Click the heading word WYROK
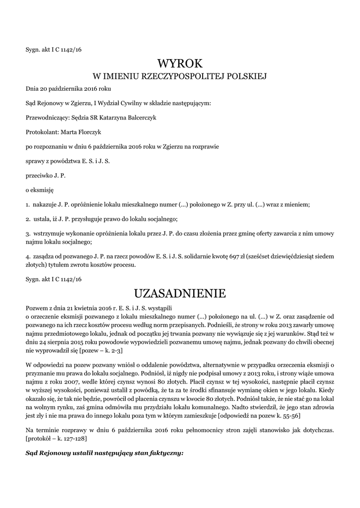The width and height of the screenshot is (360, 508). coord(180,63)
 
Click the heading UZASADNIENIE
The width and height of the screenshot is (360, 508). coord(180,294)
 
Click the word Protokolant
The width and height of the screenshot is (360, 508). coord(42,132)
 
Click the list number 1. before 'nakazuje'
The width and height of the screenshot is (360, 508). coord(28,204)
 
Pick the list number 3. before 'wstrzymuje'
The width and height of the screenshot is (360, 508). coord(28,233)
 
